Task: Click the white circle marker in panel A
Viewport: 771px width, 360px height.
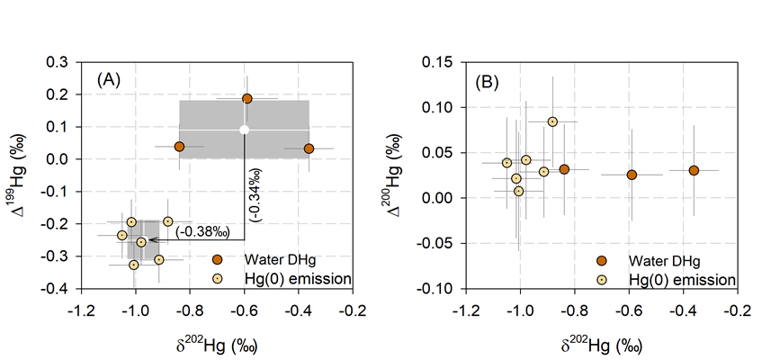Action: (x=245, y=130)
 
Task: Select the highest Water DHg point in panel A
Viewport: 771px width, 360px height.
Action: (x=247, y=98)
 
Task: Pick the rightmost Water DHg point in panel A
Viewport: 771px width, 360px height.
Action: (x=309, y=148)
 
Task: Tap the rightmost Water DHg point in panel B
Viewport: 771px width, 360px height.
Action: (x=694, y=170)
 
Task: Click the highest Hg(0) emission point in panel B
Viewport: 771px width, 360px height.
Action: (x=552, y=121)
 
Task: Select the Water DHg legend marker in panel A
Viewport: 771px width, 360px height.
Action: (x=218, y=259)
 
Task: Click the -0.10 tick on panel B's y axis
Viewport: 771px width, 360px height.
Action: (x=436, y=289)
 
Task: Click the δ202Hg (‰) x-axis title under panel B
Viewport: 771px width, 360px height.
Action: (x=601, y=343)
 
